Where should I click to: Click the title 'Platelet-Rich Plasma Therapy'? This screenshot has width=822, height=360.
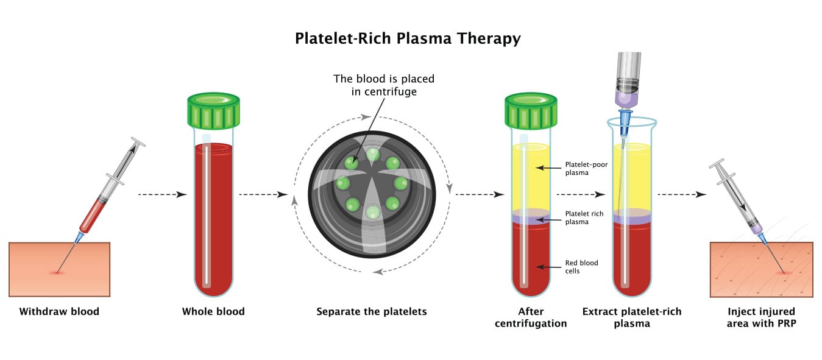point(408,38)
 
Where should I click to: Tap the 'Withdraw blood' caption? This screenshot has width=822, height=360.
point(59,312)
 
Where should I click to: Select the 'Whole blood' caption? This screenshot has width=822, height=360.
point(213,312)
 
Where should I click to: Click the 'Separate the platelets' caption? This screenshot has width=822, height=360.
point(372,312)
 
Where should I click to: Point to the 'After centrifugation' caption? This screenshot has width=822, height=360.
point(531,317)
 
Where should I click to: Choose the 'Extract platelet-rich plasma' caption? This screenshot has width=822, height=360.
point(632,317)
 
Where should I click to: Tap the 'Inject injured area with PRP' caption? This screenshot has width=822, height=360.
point(761,317)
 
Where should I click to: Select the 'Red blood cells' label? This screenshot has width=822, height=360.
point(581,267)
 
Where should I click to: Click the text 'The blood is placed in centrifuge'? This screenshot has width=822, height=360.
point(384,85)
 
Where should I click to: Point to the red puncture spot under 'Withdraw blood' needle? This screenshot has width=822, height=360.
point(58,272)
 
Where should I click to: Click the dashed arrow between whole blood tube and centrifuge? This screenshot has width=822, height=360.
point(263,195)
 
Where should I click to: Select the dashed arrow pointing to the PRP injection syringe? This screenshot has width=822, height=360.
point(681,195)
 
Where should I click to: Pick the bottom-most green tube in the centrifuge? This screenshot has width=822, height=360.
point(372,212)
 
